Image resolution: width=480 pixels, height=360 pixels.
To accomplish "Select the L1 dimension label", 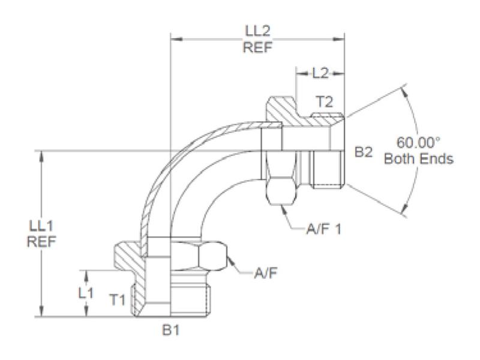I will coord(87,293).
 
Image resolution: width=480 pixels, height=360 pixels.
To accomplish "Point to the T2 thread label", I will coord(324,102).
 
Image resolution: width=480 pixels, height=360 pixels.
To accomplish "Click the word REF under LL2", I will coord(257,49).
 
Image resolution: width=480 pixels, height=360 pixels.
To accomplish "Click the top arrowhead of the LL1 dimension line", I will coord(41,155).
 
